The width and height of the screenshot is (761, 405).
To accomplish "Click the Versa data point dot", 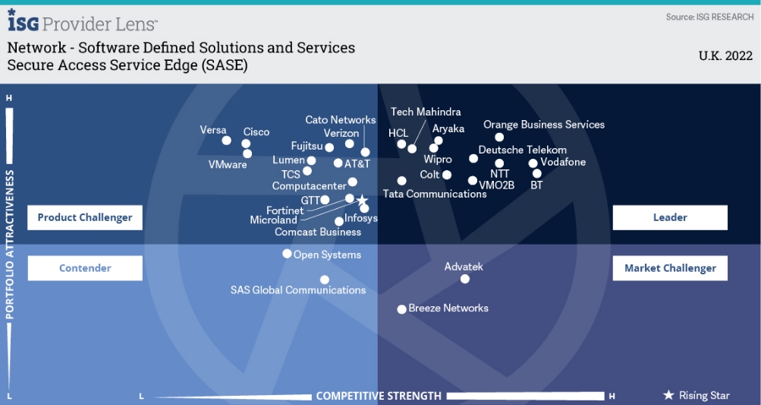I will click(x=226, y=141).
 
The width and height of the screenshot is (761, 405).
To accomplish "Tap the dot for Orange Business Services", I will click(x=499, y=138).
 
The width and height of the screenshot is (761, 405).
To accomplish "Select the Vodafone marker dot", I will click(x=533, y=163).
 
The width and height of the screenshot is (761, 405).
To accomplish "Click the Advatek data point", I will click(x=465, y=279).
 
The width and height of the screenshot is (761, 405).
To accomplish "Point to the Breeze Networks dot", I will click(x=401, y=309).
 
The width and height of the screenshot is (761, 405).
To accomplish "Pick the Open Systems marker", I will click(x=287, y=254).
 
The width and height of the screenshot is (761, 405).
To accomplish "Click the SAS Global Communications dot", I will click(x=325, y=280).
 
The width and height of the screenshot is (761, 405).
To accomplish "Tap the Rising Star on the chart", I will click(x=362, y=200).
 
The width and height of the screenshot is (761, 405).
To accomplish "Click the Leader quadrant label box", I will click(x=670, y=217).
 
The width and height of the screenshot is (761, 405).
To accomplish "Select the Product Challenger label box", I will click(x=85, y=217).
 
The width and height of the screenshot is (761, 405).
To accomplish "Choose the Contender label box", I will click(x=85, y=267).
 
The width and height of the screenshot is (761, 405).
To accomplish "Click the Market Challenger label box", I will click(x=670, y=267).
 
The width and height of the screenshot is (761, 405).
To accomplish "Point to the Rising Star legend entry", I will click(x=697, y=395).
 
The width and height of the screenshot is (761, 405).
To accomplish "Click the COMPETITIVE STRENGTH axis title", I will click(x=379, y=396).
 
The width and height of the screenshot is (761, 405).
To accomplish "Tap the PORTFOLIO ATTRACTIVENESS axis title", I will click(x=10, y=243).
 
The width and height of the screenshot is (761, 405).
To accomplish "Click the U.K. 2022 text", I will click(x=725, y=55).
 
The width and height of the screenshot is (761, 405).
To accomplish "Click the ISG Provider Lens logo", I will click(x=83, y=24).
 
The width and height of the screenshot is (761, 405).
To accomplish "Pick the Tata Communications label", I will click(x=435, y=194).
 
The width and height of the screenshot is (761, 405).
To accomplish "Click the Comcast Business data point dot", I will click(x=339, y=222).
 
